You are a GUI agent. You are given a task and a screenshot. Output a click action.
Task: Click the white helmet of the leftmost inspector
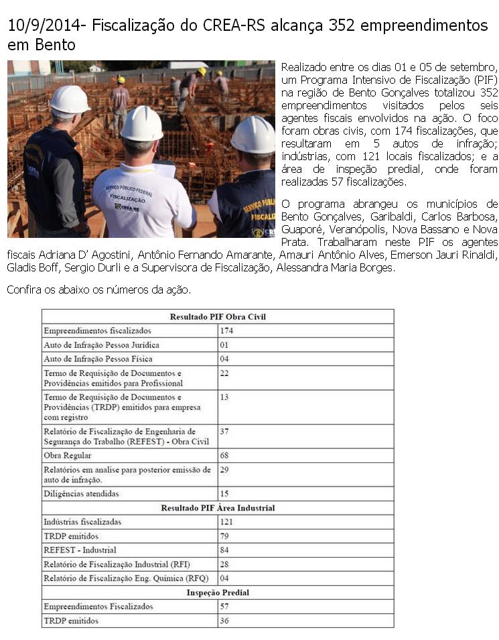[x=70, y=99]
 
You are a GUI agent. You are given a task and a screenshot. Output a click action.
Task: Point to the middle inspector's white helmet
[x=141, y=123]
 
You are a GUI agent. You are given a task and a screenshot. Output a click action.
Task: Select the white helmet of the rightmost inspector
[x=254, y=134]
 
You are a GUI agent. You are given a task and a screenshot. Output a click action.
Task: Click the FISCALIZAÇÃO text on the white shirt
[x=127, y=199]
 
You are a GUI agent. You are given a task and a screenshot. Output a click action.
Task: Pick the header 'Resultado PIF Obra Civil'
[x=218, y=316]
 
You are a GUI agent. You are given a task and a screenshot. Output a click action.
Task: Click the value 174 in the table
[x=226, y=330]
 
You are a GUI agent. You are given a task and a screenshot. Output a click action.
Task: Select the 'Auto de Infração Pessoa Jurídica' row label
[x=101, y=344]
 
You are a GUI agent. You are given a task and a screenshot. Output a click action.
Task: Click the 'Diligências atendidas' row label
[x=81, y=494]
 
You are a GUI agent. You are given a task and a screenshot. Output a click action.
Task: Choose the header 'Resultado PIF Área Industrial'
[x=218, y=508]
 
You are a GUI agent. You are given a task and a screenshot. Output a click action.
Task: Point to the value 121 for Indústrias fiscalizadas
[x=226, y=521]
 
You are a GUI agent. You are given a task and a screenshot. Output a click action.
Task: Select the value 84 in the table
[x=224, y=550]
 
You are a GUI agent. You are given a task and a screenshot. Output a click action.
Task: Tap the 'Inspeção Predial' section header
[x=218, y=592]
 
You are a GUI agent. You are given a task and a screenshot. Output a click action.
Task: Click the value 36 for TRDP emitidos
[x=224, y=621]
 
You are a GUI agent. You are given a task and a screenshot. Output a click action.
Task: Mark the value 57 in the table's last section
[x=224, y=606]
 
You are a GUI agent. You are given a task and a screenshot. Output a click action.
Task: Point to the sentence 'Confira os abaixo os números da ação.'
[x=98, y=290]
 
